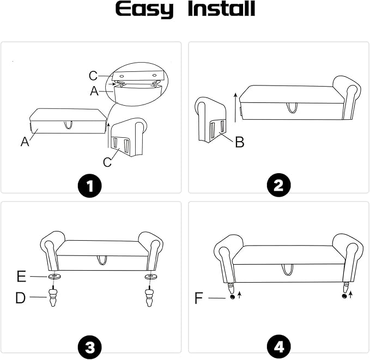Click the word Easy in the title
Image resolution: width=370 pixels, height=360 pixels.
(144, 9)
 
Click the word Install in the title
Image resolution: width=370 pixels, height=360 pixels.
(222, 9)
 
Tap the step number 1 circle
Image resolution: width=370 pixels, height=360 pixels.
(90, 185)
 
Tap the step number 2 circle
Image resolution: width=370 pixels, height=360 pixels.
(278, 185)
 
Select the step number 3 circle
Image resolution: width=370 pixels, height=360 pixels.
(90, 347)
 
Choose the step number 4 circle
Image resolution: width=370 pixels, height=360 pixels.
(278, 347)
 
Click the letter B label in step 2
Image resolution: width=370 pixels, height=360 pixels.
(240, 142)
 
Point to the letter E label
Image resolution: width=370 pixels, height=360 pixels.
(21, 276)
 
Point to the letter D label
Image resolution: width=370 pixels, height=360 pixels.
(20, 298)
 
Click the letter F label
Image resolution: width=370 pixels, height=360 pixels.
(199, 298)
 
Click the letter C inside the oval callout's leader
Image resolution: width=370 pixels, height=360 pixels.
(93, 76)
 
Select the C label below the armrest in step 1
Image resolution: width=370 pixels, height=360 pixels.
(107, 162)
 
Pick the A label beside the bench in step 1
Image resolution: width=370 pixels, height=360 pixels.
(25, 141)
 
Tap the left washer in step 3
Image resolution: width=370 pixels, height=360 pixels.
(54, 276)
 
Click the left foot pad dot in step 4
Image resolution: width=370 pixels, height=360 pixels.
(233, 296)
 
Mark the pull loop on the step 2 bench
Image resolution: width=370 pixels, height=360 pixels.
(293, 108)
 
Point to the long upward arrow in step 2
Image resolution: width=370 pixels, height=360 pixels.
(235, 108)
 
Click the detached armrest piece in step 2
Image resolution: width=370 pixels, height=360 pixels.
(210, 120)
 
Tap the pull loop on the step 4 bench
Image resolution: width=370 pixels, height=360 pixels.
(287, 270)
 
